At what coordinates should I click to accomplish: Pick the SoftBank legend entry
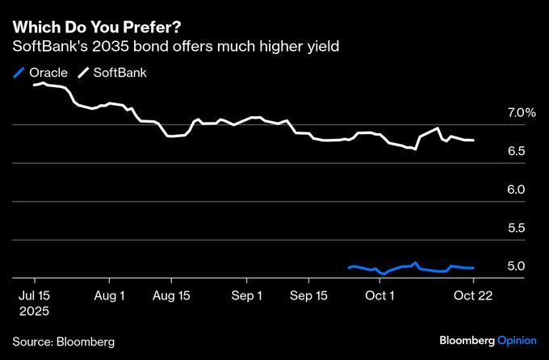coord(112,73)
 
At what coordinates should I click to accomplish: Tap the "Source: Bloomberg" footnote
coord(64,341)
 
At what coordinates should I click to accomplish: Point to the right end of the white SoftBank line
coord(474,140)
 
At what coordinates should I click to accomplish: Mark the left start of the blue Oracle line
coord(349,267)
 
